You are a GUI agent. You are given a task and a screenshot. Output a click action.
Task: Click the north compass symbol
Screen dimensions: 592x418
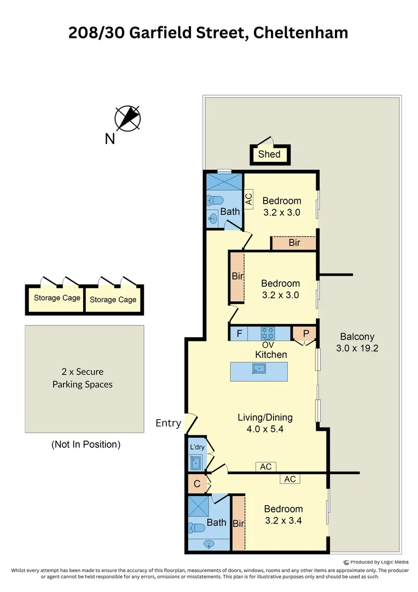pyautogui.click(x=127, y=117)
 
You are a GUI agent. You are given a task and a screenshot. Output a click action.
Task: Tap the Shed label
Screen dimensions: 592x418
pyautogui.click(x=269, y=155)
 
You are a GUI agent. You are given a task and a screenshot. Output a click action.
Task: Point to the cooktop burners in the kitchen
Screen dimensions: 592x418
pyautogui.click(x=268, y=333)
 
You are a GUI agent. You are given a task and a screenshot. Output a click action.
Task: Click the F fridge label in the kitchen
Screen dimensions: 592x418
pyautogui.click(x=239, y=333)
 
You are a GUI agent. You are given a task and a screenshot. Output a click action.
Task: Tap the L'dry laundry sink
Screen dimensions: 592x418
pyautogui.click(x=196, y=464)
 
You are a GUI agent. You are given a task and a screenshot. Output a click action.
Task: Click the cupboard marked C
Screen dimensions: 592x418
pyautogui.click(x=196, y=485)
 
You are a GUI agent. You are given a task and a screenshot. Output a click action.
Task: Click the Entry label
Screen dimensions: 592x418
pyautogui.click(x=168, y=423)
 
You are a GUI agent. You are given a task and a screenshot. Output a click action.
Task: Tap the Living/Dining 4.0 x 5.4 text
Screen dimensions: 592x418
pyautogui.click(x=265, y=423)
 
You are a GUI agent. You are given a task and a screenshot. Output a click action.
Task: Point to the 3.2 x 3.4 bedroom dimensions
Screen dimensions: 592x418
pyautogui.click(x=283, y=521)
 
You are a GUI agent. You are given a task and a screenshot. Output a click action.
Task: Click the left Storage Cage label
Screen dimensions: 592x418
pyautogui.click(x=57, y=298)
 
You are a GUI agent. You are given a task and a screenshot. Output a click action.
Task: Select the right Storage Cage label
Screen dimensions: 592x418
pyautogui.click(x=113, y=299)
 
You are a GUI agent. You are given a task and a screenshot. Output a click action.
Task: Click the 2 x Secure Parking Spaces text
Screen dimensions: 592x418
pyautogui.click(x=83, y=378)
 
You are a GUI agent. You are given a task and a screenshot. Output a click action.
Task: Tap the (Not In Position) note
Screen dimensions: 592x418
pyautogui.click(x=85, y=444)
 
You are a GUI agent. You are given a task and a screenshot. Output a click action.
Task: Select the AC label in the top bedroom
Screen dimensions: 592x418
pyautogui.click(x=249, y=198)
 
